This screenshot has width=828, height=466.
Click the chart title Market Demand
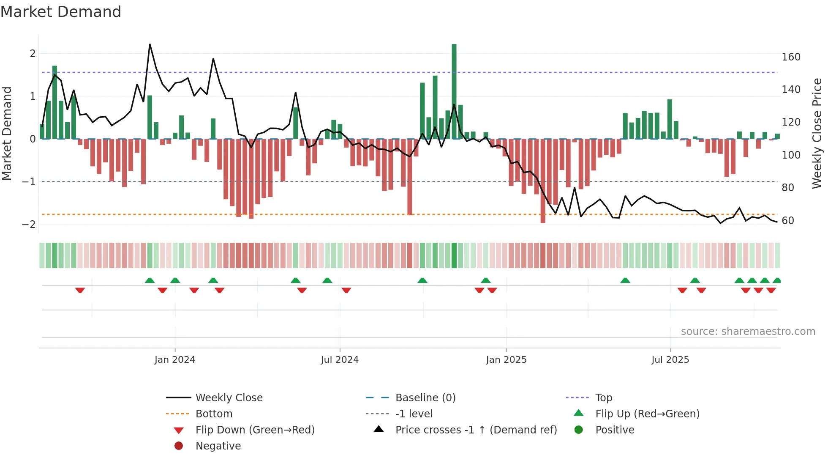[x=61, y=12]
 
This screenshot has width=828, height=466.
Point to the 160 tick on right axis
[x=791, y=57]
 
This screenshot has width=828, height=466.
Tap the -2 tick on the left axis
[x=29, y=224]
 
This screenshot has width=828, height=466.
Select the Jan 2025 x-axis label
[x=506, y=360]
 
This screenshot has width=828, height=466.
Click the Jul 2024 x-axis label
[x=340, y=360]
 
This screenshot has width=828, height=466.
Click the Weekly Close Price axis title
[x=817, y=133]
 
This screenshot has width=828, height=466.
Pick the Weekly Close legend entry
[x=229, y=397]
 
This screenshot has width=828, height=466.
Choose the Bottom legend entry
[x=214, y=414]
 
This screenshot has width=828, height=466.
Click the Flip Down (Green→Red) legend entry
[x=255, y=430]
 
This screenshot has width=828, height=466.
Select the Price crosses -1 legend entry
[x=476, y=430]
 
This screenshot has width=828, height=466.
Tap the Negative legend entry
[x=218, y=446]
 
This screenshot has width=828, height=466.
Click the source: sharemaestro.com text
[x=748, y=332]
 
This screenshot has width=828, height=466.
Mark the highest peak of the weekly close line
[x=150, y=44]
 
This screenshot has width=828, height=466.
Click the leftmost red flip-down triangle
[x=80, y=290]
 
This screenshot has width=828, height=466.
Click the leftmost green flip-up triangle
[x=150, y=280]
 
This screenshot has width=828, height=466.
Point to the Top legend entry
[x=604, y=397]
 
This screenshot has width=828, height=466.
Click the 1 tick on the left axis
[x=33, y=96]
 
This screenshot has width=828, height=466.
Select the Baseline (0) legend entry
[x=425, y=397]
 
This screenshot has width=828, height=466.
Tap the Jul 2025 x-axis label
[x=670, y=360]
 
